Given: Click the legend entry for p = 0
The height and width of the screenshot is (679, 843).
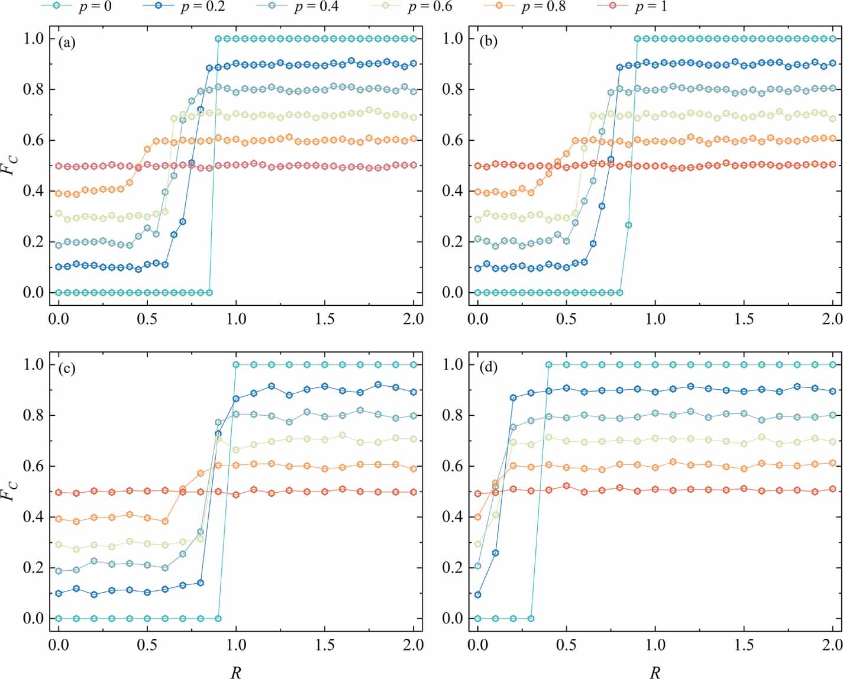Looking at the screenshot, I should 76,7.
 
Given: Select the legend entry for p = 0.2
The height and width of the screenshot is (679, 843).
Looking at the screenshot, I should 183,7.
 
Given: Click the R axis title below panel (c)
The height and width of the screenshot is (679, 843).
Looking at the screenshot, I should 235,671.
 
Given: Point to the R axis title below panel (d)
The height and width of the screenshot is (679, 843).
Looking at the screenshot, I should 655,671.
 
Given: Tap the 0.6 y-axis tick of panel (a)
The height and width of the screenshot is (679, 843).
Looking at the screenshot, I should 34,140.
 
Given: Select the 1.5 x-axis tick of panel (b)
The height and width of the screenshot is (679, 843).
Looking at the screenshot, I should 744,319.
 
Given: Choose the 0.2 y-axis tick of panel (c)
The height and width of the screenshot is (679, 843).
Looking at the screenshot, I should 34,568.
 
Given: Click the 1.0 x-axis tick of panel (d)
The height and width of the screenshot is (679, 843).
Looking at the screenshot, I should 655,645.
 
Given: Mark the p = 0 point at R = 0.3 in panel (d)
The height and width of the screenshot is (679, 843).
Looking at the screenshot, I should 531,619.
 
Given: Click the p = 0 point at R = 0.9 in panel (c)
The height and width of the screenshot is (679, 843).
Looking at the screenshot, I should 218,619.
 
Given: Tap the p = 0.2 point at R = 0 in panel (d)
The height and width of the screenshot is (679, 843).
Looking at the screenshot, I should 478,594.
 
